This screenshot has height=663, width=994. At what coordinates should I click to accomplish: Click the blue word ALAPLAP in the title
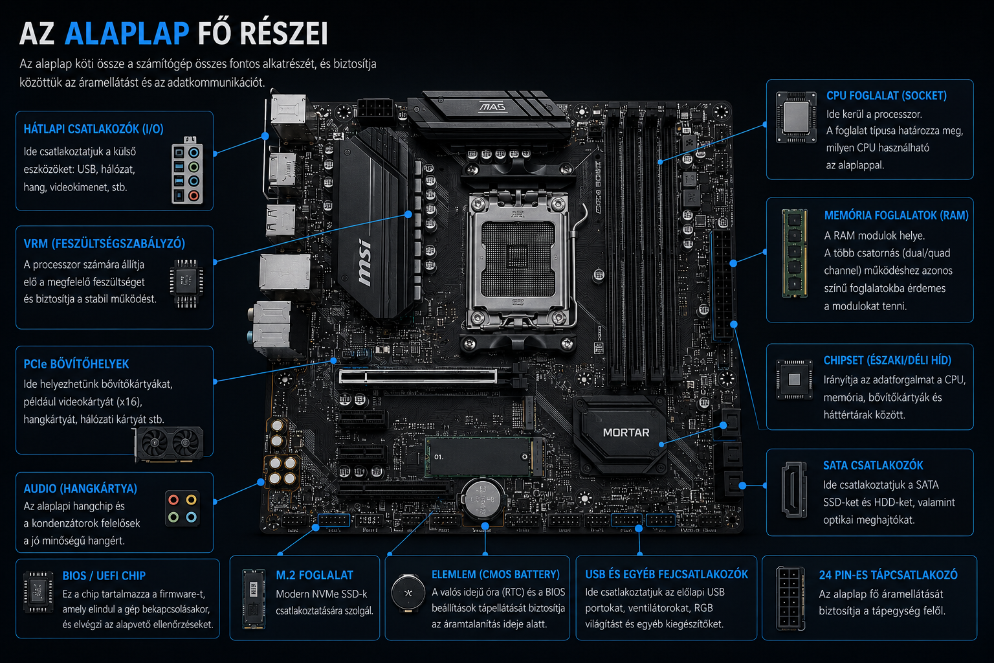pos(127,33)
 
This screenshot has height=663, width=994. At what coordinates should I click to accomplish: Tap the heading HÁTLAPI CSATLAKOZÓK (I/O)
pos(94,129)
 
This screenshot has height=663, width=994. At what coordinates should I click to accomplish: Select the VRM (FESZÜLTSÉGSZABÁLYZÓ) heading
pos(104,243)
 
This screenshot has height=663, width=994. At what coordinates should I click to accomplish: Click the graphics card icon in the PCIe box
pos(169,444)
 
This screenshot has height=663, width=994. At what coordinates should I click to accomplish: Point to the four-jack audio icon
pos(182,508)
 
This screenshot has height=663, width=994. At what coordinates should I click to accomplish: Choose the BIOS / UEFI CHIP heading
pos(104,576)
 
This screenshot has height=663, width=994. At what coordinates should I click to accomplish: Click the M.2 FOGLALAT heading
pos(315,575)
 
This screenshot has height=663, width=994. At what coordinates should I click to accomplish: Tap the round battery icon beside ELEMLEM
pos(408,593)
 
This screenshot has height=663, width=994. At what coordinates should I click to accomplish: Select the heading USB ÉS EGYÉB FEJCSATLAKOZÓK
pos(667,574)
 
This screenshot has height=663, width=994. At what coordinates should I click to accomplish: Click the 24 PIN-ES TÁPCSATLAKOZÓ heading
pos(889,575)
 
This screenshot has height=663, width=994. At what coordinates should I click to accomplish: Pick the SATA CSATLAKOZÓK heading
pos(873,466)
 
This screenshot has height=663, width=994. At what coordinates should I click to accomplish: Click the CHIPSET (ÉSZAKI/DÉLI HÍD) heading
pos(887,360)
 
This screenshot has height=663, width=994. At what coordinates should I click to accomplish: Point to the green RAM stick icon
pos(794,253)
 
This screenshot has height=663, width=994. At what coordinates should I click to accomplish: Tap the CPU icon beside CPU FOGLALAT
pos(796,117)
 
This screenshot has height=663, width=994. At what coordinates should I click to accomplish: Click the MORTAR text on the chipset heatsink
pos(626,433)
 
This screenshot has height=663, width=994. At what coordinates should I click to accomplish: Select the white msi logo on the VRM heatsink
pos(364,262)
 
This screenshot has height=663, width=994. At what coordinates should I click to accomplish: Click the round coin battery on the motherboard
pos(483,500)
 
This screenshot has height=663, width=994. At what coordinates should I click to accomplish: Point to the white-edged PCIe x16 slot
pos(417,377)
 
